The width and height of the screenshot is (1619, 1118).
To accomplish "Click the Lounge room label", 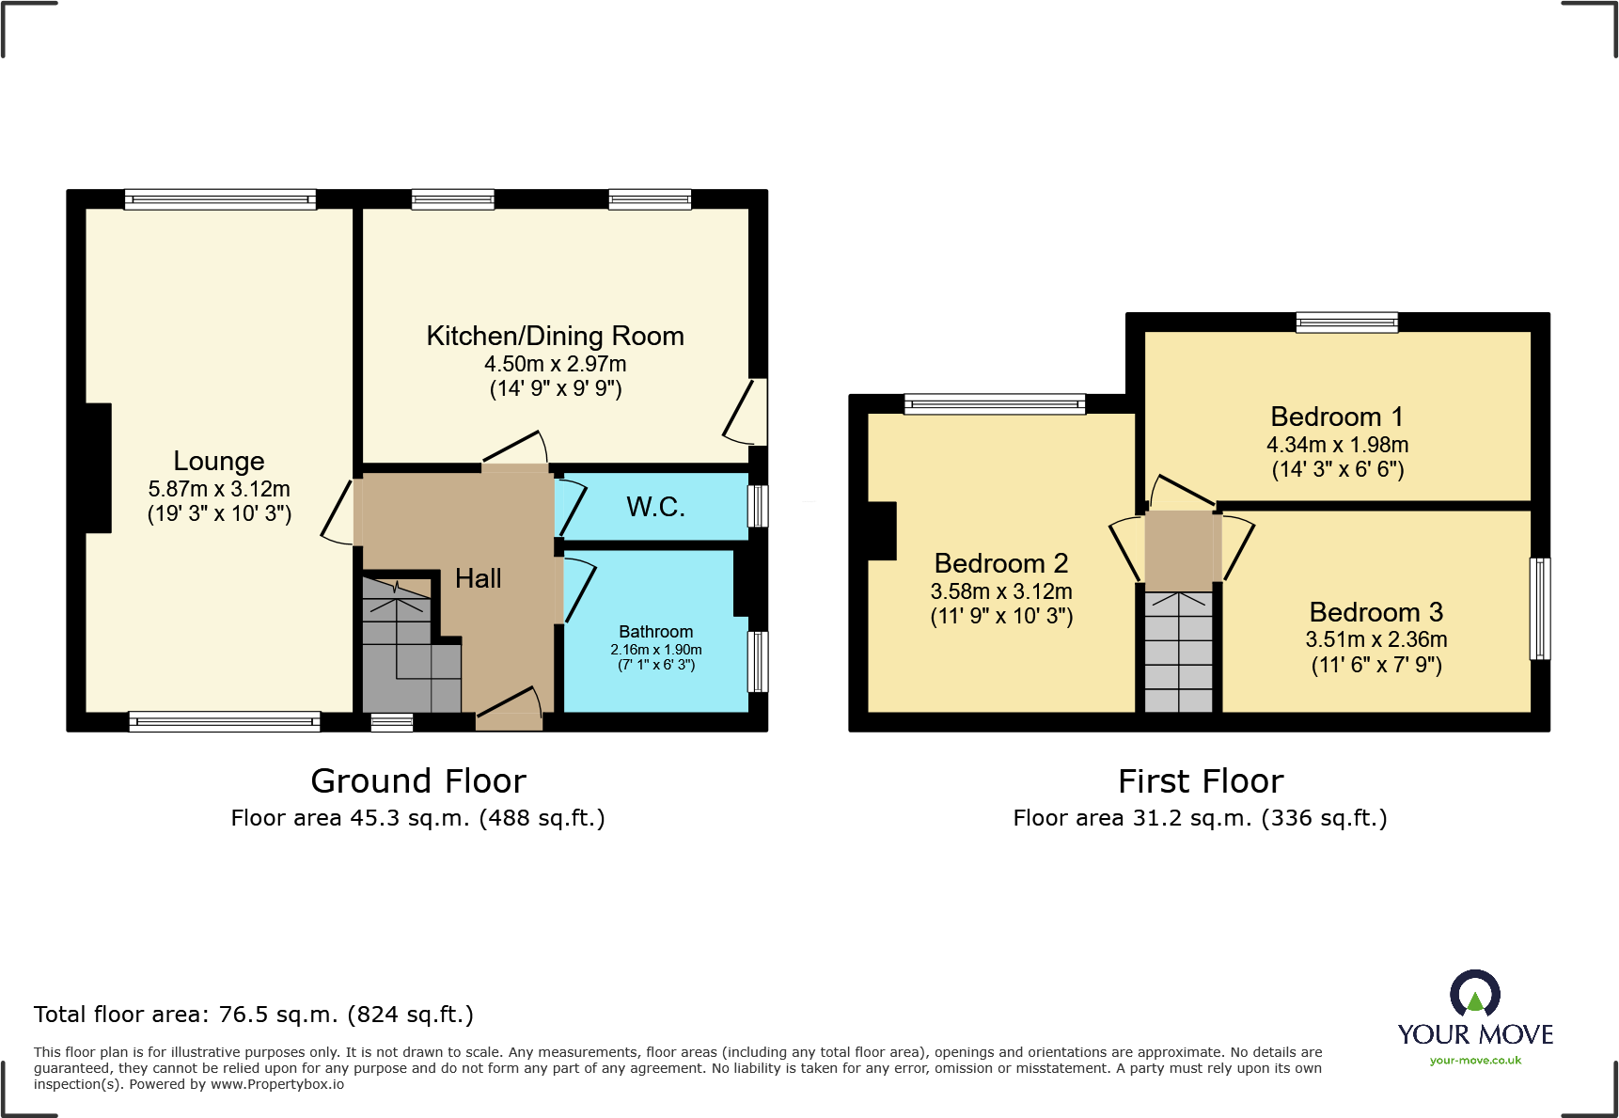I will tap(218, 461).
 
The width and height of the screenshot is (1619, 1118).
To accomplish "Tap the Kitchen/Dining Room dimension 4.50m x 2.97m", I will tap(555, 364).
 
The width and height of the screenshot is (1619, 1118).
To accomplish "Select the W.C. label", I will tap(655, 507).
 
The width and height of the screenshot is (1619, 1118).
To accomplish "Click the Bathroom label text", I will tap(655, 632).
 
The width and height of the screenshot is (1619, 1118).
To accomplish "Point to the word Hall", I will tap(478, 578).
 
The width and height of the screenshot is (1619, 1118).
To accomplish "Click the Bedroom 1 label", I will tap(1336, 417).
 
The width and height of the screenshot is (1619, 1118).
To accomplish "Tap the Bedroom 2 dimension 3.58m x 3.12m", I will tap(1000, 591).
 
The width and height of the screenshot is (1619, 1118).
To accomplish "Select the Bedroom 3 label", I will tap(1375, 612).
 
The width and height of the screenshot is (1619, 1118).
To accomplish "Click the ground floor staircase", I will tap(404, 649).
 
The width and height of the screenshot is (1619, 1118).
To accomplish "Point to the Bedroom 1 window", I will tap(1346, 323).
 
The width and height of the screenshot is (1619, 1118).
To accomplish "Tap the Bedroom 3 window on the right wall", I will tap(1539, 608).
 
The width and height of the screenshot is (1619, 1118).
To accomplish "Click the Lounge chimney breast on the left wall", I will tap(98, 467).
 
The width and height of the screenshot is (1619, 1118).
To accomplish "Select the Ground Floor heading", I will tap(418, 781).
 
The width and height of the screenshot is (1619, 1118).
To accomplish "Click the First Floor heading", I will tap(1200, 781).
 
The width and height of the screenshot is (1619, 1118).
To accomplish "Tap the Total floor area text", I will tap(253, 1015).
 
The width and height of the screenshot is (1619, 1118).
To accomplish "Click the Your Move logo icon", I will tap(1474, 993).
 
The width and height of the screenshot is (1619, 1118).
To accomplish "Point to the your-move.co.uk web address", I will tap(1474, 1061).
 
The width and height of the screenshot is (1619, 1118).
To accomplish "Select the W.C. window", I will tap(757, 506).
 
